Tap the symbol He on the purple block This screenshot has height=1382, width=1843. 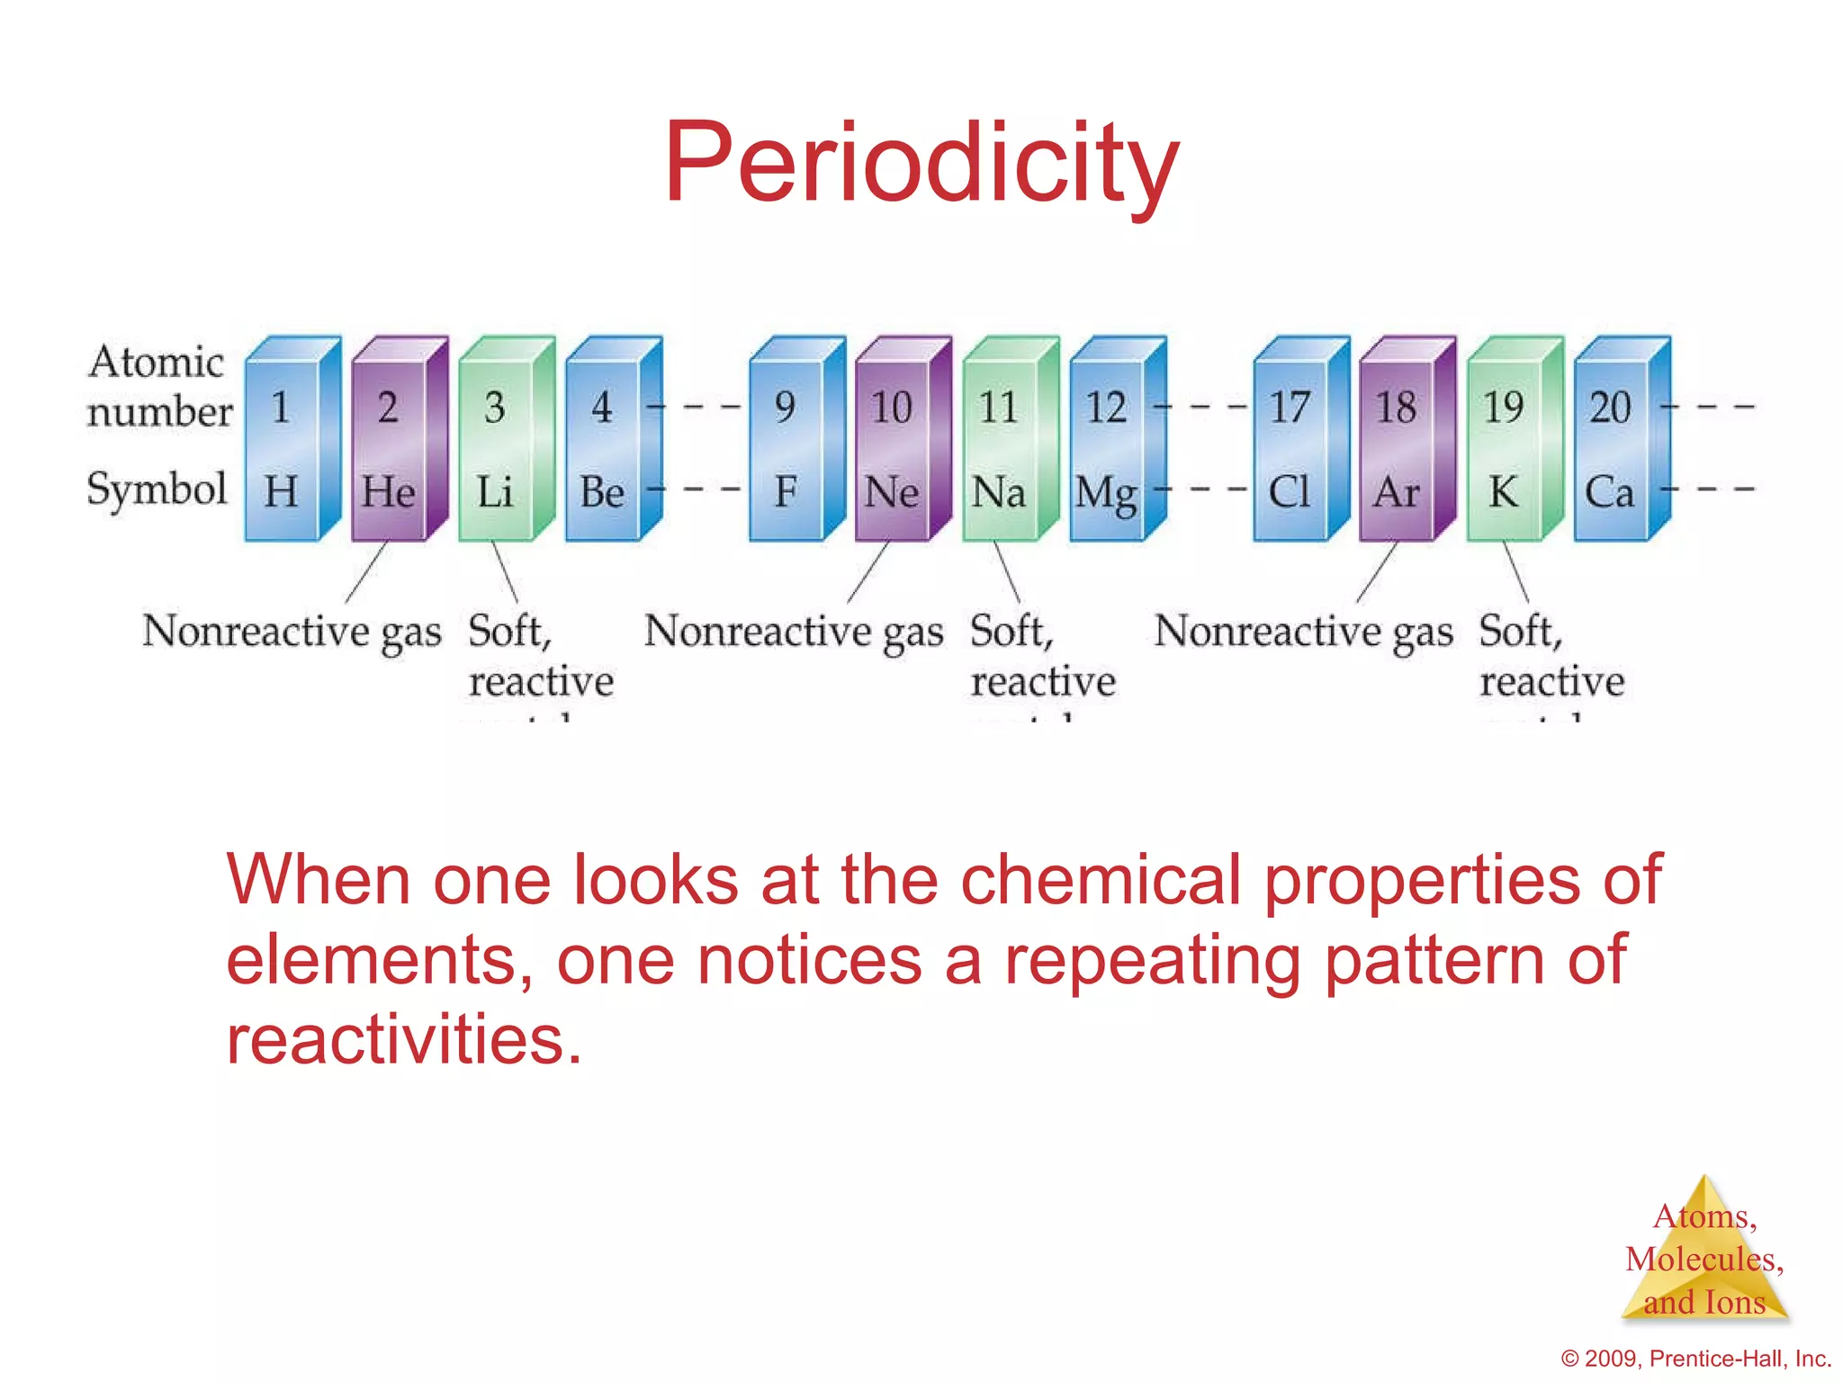click(x=388, y=491)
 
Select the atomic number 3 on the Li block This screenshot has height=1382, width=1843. click(x=494, y=408)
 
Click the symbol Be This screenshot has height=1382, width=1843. click(x=601, y=491)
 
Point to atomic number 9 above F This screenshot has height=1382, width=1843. click(x=785, y=408)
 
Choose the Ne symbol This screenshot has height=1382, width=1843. click(x=891, y=491)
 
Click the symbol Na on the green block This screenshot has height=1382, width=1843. click(x=998, y=491)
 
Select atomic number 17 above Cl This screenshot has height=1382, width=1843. click(x=1289, y=408)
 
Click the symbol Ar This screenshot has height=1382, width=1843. click(x=1396, y=491)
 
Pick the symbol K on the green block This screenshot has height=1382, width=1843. click(x=1503, y=491)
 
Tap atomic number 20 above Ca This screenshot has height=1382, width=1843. click(x=1610, y=408)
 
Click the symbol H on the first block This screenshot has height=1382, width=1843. click(x=281, y=491)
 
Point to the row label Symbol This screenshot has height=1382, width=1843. click(x=157, y=489)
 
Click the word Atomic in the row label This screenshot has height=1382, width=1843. click(x=156, y=362)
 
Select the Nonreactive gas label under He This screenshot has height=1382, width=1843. click(x=292, y=631)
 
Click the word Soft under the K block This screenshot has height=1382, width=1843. click(x=1519, y=631)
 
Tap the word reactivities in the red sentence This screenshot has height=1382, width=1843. click(x=403, y=1039)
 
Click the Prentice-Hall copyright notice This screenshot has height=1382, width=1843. click(x=1696, y=1359)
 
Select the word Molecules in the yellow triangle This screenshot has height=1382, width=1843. click(x=1703, y=1259)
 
